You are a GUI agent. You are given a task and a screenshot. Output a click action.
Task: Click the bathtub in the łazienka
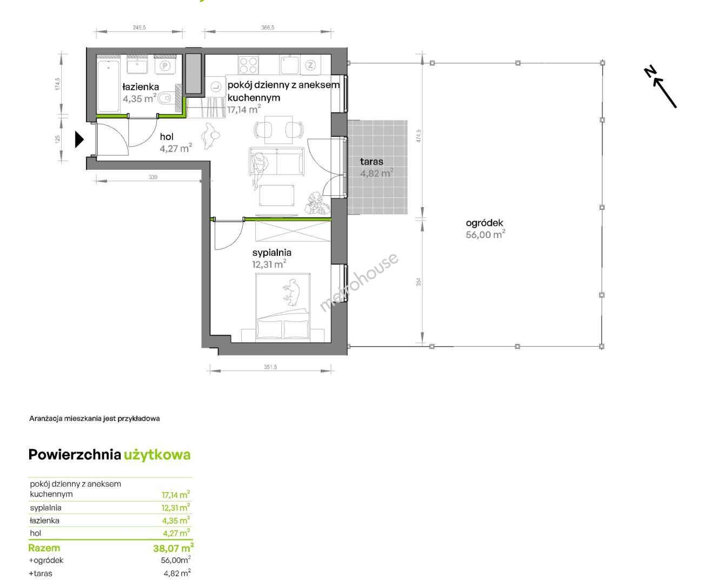coord(108,85)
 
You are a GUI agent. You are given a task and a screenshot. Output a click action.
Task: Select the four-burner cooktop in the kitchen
coord(248,65)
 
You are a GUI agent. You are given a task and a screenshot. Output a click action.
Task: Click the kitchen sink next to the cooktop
coord(289,65)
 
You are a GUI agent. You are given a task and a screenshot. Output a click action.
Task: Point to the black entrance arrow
coord(79,140)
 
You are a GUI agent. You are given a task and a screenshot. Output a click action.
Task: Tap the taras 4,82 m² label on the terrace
coord(376,167)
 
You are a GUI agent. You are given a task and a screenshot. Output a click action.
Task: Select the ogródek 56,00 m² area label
coord(485,229)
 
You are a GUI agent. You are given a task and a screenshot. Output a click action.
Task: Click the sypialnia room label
coord(271,253)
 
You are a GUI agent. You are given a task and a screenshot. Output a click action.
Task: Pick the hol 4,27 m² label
coord(176,143)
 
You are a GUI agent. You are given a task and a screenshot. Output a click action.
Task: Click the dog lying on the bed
coord(291,291)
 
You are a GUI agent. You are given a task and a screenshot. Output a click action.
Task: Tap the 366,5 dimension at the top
coord(268,28)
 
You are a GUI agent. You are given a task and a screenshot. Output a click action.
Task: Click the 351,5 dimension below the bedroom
coord(270,367)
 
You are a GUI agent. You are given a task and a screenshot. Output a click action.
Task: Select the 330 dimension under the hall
coord(152,177)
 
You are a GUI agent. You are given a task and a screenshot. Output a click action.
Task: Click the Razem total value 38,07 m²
coord(173,548)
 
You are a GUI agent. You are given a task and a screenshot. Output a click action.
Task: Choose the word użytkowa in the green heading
coord(157,455)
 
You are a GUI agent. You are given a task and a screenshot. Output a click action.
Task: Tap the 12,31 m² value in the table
coord(176,507)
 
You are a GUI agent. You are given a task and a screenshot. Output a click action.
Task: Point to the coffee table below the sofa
coord(277,195)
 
